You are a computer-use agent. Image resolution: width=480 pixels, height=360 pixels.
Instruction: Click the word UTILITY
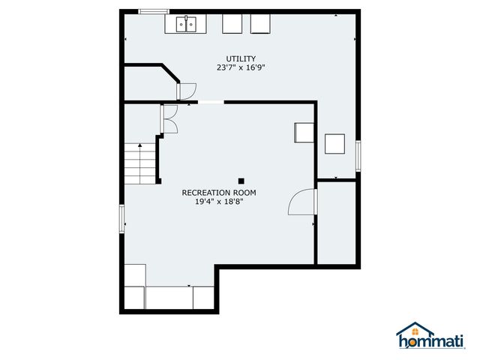(241, 58)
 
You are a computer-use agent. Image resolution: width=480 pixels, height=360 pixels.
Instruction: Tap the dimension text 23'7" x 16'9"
(241, 67)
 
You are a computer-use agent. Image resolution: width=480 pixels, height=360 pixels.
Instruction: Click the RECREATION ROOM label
(214, 193)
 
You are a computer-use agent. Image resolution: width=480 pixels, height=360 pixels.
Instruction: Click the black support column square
(241, 180)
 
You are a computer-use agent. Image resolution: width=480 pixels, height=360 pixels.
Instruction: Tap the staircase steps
(139, 164)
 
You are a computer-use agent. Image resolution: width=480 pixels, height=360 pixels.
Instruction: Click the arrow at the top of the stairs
(139, 145)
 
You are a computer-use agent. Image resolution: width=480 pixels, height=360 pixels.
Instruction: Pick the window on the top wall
(154, 11)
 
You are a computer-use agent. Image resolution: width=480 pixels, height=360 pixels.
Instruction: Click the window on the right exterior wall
(358, 156)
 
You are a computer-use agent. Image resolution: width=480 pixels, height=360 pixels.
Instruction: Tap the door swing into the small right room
(303, 202)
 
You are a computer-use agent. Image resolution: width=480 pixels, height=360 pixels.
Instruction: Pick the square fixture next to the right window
(334, 142)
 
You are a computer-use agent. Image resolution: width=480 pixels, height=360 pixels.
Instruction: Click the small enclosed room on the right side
(337, 222)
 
